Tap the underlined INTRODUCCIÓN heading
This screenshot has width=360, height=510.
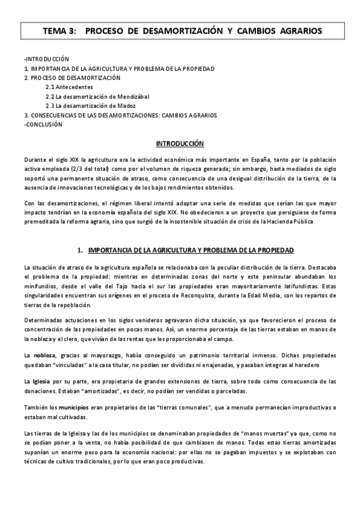(x=180, y=144)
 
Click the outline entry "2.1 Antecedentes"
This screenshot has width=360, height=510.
(x=69, y=87)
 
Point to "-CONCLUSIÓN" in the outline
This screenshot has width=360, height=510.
(x=43, y=124)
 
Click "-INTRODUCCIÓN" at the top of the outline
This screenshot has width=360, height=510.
(x=46, y=59)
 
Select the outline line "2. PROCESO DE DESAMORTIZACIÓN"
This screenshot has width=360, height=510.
(x=72, y=78)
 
